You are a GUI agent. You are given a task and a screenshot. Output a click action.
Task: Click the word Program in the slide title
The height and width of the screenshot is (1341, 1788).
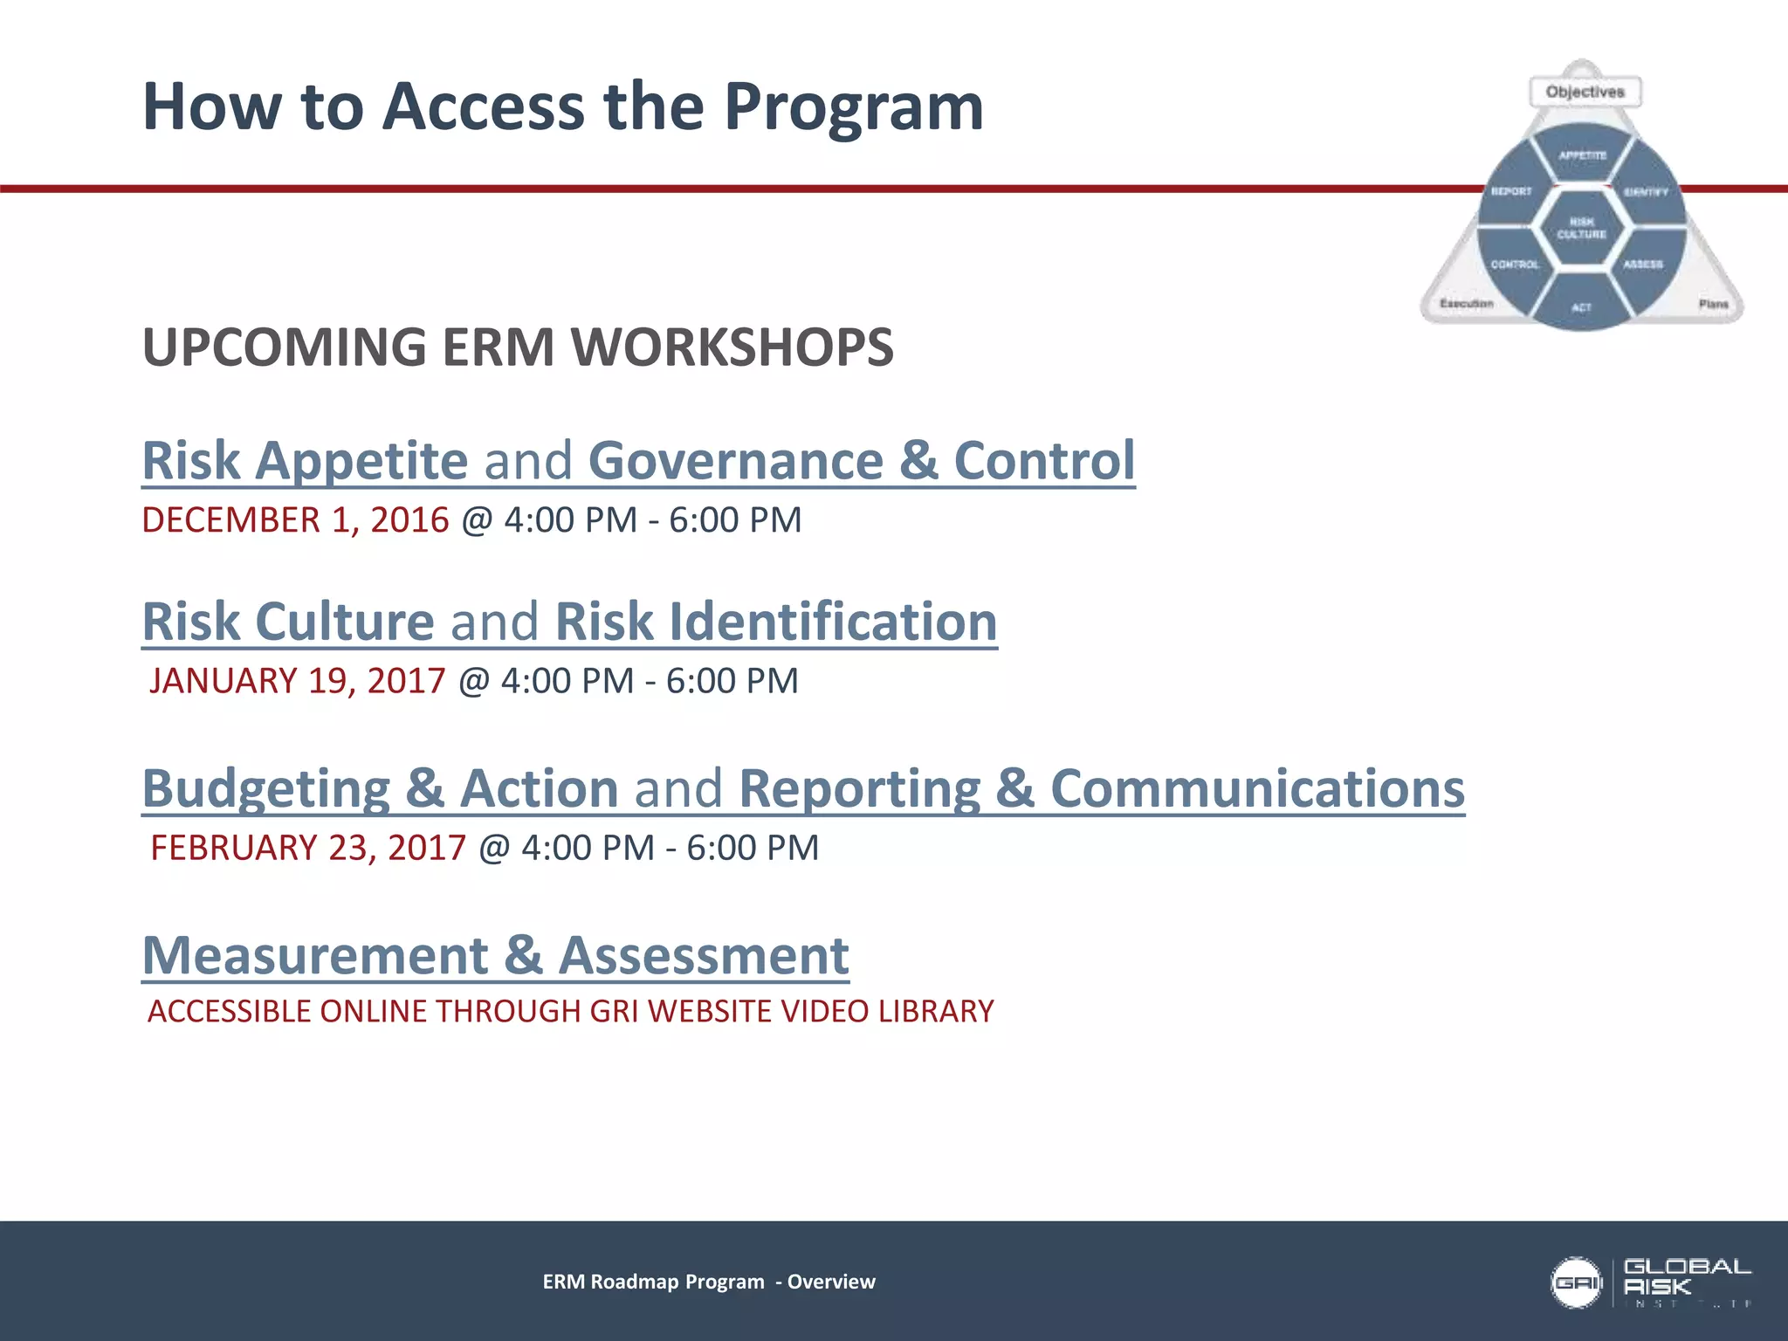coord(853,107)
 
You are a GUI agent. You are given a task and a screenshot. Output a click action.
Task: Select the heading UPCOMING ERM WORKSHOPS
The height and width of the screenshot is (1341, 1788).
coord(518,347)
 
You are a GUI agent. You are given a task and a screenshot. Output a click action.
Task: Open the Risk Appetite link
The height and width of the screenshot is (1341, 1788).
coord(305,461)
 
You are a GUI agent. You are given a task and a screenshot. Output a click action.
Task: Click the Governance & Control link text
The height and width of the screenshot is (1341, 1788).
coord(861,461)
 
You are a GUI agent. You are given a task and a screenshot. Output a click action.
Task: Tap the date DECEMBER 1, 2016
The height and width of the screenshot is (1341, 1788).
coord(295,520)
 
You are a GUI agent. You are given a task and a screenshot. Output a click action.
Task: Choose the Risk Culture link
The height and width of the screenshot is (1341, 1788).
coord(288,622)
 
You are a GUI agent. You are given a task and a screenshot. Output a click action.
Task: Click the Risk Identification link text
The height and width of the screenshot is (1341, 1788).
coord(775,622)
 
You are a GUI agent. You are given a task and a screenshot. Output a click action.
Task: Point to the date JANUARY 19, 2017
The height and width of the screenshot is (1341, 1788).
coord(297,681)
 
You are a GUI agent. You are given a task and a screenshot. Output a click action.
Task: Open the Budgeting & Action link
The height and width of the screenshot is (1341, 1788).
coord(380,788)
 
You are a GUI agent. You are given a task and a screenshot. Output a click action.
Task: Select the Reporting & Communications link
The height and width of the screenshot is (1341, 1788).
coord(1101,788)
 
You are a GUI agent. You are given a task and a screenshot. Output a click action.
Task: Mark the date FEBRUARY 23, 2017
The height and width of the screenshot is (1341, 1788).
coord(308,848)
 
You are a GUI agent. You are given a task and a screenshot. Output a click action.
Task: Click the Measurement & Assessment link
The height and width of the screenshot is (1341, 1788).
coord(495,955)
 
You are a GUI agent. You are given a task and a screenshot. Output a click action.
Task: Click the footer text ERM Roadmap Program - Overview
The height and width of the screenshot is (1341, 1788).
coord(708,1282)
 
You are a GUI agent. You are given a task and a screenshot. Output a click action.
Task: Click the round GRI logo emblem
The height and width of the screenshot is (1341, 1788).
coord(1576,1283)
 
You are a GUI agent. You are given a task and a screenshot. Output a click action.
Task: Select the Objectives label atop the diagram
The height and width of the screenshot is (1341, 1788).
coord(1585,92)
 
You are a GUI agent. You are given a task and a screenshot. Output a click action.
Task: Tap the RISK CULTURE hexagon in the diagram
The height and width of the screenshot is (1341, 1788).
coord(1581,228)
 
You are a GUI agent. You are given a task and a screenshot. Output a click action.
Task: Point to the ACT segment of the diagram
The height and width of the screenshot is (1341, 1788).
coord(1581,306)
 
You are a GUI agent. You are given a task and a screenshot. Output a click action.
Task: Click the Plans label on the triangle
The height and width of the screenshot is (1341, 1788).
coord(1713,304)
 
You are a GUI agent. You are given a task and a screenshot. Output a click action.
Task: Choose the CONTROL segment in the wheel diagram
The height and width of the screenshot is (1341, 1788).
coord(1515,264)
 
